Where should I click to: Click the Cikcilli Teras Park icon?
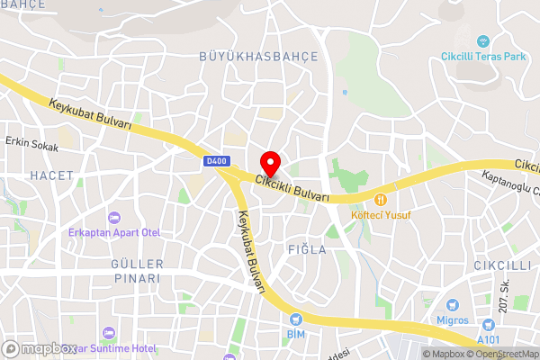(484, 40)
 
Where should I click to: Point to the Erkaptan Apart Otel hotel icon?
(113, 218)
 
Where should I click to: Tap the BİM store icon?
(295, 319)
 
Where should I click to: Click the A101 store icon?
(489, 325)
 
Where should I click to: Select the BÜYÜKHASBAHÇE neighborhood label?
(258, 57)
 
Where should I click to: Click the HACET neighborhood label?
(47, 175)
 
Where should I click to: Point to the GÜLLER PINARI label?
(137, 271)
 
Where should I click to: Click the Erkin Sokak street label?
(31, 144)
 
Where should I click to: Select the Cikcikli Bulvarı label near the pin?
(292, 188)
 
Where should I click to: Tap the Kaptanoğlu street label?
(509, 183)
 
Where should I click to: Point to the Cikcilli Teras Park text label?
(482, 57)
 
